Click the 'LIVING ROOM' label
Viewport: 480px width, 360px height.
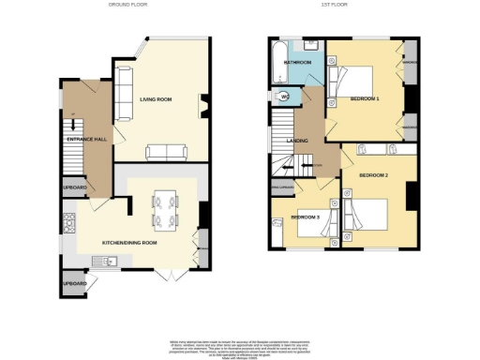point(156,98)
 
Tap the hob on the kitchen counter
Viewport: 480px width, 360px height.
point(68,223)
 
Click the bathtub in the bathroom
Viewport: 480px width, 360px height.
point(280,66)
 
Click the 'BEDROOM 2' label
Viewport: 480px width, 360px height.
point(372,174)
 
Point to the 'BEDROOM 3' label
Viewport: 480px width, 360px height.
point(306,217)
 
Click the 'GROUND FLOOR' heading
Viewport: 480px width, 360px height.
point(129,6)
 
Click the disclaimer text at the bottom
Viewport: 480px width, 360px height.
point(240,346)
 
